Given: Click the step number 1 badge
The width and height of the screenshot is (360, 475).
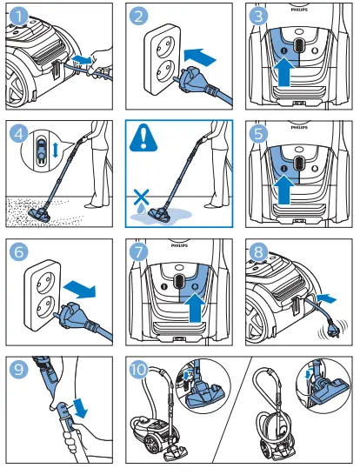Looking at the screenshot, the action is coord(18,16).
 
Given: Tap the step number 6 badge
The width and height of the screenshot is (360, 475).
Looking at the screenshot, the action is coord(19,251).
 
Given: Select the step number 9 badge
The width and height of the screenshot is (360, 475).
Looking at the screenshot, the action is coord(19,369).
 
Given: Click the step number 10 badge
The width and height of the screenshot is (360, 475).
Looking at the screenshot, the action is coord(138,369).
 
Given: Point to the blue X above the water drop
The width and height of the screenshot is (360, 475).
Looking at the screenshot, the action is coord(142,197).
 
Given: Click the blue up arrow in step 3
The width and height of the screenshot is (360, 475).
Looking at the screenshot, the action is coord(283,73).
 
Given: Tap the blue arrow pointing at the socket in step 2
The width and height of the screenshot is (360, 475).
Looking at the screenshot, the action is coord(200,57).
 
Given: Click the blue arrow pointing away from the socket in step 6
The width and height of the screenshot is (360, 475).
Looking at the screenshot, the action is coord(80,290).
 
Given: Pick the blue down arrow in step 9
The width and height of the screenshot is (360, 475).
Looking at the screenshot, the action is coord(80,408).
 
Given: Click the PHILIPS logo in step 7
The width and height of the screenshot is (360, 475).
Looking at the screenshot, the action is coord(179,245).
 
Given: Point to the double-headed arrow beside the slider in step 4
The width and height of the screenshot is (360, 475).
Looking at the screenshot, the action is coord(55,150).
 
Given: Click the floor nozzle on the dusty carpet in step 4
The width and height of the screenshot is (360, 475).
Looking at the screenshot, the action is coord(39,214).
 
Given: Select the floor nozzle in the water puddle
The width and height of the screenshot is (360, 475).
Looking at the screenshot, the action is coord(159,214).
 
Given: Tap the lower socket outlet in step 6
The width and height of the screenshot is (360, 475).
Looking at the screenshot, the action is coord(46,306).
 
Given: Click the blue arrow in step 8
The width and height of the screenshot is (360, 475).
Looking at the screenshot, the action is coord(326,298).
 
